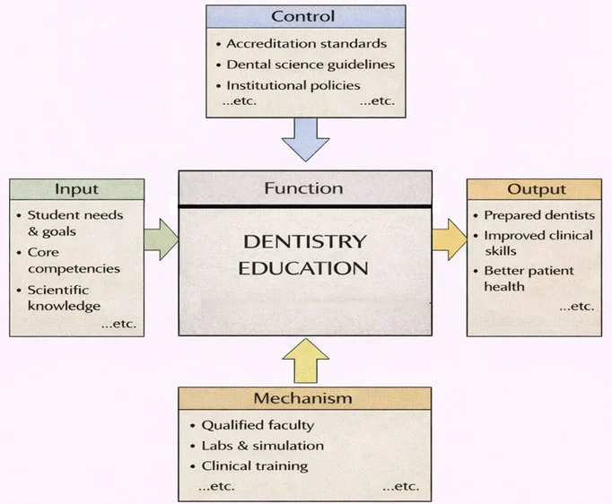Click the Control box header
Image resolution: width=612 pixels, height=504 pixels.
point(305,16)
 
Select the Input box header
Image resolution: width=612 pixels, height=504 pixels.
point(76,189)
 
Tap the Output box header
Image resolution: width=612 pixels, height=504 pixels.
point(536,189)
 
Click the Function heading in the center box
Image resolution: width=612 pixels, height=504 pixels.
point(303,188)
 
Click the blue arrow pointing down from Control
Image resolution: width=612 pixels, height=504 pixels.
point(305,141)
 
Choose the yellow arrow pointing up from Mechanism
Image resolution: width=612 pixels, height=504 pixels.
point(305,361)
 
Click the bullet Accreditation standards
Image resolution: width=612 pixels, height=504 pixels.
point(306,43)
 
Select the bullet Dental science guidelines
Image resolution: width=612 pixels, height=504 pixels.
point(310,65)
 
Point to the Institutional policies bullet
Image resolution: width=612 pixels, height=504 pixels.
point(293,85)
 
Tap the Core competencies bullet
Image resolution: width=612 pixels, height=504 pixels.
point(73,260)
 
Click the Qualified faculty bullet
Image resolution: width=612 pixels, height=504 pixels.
point(258,425)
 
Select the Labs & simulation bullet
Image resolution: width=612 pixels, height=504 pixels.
point(262,446)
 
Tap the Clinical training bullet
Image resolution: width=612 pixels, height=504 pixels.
point(254,466)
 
